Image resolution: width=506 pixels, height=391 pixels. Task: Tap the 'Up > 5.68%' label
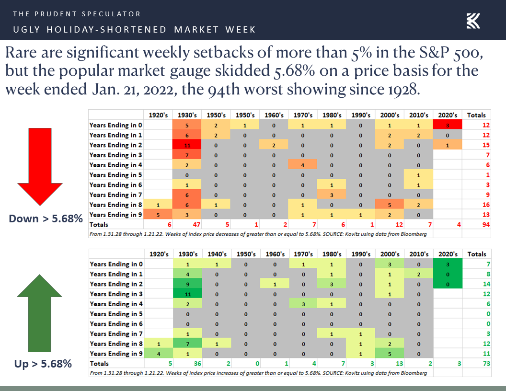click(43, 364)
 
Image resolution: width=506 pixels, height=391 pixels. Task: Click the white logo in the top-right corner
click(473, 21)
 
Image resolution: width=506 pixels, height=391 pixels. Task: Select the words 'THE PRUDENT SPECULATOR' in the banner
click(77, 14)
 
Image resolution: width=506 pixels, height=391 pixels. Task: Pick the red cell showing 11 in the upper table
click(187, 145)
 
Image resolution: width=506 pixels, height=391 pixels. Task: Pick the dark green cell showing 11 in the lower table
click(187, 294)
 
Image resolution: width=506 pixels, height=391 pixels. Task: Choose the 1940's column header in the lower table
click(217, 254)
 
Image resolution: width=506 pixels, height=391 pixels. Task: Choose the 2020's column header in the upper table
click(448, 115)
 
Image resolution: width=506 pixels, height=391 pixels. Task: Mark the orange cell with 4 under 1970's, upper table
click(303, 165)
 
